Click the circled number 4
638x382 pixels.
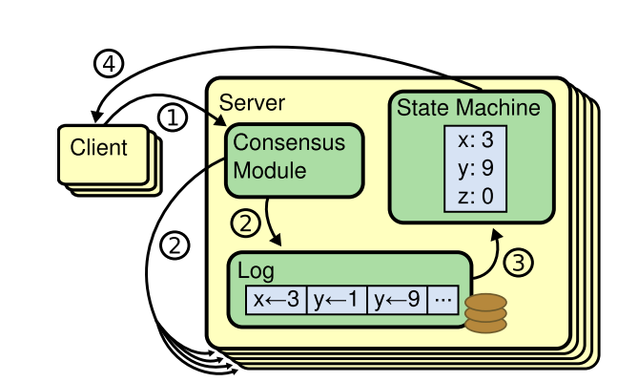point(109,64)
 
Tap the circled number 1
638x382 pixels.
point(173,118)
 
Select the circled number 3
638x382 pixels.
point(515,262)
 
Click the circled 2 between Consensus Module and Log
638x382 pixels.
point(245,225)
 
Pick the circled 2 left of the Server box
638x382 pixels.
point(174,245)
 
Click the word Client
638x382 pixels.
point(98,148)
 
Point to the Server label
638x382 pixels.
point(252,102)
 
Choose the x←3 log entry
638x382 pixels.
point(277,300)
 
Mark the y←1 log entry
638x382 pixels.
point(336,300)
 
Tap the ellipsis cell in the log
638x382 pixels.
point(442,300)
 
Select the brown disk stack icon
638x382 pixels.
point(485,310)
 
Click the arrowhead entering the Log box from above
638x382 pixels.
point(277,244)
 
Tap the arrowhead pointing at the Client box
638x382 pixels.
point(95,118)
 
